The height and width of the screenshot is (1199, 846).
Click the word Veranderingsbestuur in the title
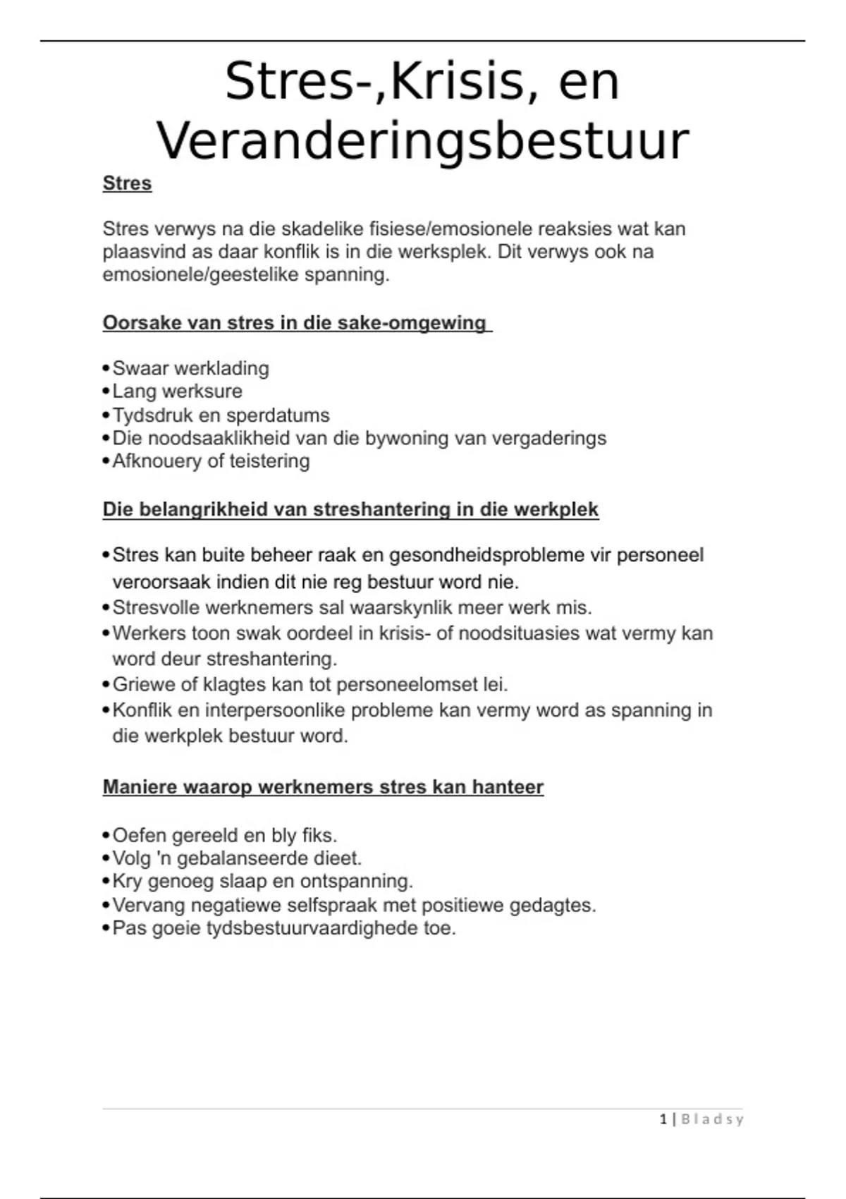tap(422, 142)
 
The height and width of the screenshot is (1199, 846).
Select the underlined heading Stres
tap(127, 183)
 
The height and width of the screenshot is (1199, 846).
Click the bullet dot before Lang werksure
tap(106, 391)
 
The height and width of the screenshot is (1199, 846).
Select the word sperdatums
tap(288, 415)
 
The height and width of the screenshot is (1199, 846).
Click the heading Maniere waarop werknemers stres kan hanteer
tap(323, 787)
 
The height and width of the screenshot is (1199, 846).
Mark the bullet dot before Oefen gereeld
tap(106, 836)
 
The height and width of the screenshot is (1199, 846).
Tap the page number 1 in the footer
tap(663, 1119)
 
